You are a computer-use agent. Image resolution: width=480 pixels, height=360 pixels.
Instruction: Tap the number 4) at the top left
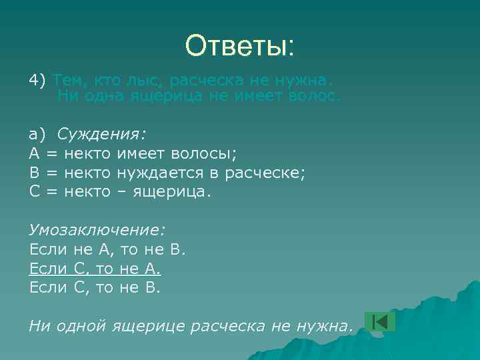(38, 81)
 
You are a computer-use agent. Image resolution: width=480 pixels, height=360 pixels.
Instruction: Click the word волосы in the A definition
(205, 153)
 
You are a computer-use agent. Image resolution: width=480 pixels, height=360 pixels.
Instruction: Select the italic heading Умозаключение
(97, 230)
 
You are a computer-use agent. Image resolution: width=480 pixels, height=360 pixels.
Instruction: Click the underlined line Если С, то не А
(95, 269)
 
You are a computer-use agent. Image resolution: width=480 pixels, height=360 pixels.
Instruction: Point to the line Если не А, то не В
(108, 249)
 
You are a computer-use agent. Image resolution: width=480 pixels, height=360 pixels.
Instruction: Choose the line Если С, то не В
(95, 288)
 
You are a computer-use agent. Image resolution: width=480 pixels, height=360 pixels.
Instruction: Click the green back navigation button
(379, 321)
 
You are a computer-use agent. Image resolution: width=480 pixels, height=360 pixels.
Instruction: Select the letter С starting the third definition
(35, 192)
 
